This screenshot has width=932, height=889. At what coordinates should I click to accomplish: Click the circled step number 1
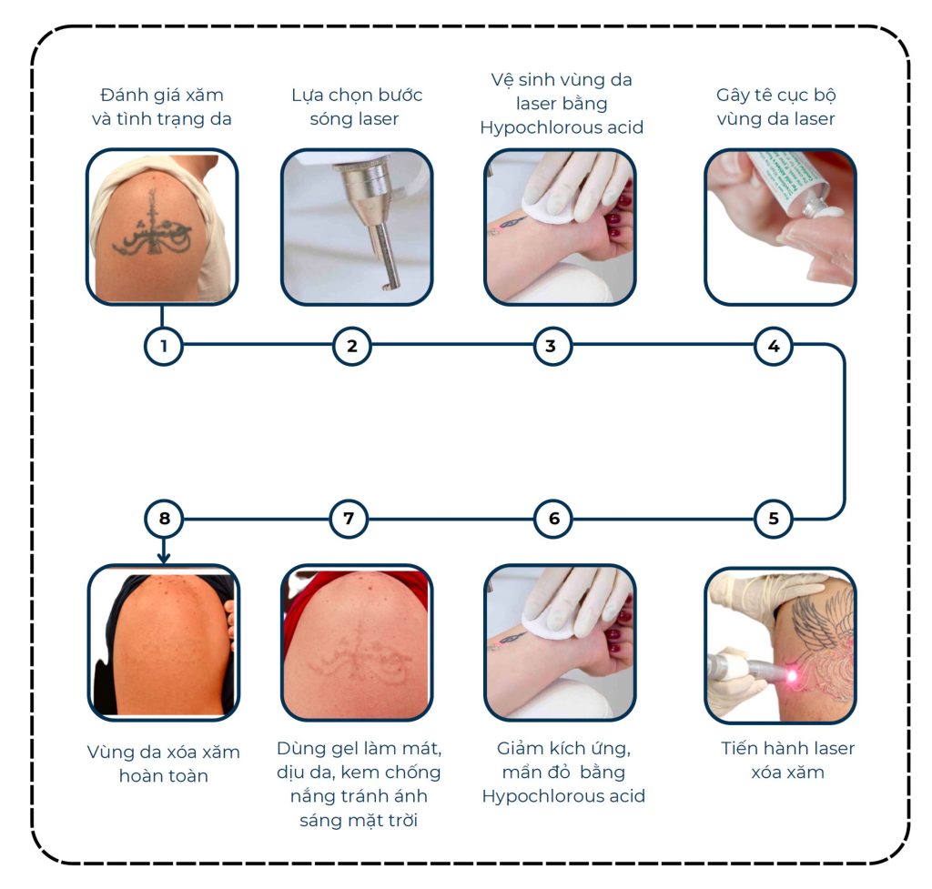point(164,346)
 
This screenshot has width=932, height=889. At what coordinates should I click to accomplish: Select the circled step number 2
point(352,346)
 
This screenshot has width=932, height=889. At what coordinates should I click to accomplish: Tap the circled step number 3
point(552,346)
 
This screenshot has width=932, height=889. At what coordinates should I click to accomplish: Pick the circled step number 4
point(774,346)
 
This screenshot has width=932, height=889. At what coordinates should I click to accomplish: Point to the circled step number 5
point(774,519)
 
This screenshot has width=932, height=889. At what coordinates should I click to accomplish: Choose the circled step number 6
point(553,519)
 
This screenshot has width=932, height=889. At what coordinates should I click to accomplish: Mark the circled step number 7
point(349,519)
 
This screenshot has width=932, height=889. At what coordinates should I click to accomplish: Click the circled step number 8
point(164,519)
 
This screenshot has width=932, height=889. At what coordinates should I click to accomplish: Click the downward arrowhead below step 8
point(164,558)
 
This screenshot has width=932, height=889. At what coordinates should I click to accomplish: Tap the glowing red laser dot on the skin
point(793,676)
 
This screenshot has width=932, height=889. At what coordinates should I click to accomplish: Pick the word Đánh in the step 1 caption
point(124,95)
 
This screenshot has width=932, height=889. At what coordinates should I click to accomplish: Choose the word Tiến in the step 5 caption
point(740,748)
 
